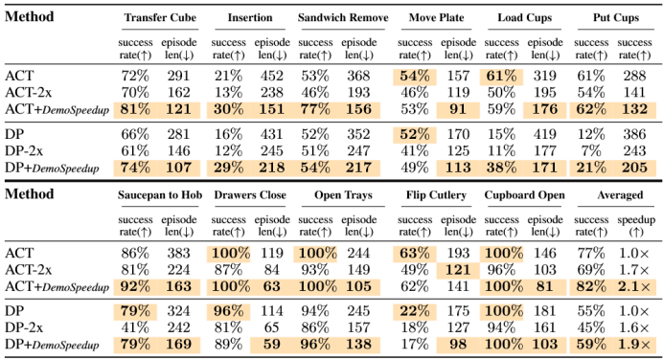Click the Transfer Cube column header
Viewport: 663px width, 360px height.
click(160, 18)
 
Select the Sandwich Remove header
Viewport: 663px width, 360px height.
click(343, 18)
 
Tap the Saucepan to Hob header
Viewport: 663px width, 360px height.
click(160, 195)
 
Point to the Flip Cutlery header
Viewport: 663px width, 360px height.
click(436, 195)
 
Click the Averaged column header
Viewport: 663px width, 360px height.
click(620, 195)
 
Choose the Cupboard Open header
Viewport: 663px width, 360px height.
click(524, 195)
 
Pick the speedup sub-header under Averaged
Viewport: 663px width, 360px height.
click(636, 226)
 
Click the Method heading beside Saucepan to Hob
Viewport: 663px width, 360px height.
click(29, 194)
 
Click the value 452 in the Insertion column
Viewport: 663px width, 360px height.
click(271, 76)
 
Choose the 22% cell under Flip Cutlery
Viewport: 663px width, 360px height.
click(415, 311)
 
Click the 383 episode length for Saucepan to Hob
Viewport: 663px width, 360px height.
click(178, 253)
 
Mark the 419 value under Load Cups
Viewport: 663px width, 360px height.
click(544, 134)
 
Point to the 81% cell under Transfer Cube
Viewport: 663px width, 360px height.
click(135, 109)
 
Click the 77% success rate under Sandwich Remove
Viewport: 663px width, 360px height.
click(315, 109)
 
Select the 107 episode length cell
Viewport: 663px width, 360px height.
click(178, 168)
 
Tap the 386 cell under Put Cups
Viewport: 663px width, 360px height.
click(634, 134)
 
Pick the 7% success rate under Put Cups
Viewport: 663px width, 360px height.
click(591, 151)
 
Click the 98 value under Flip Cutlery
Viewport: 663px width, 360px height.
click(458, 345)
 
